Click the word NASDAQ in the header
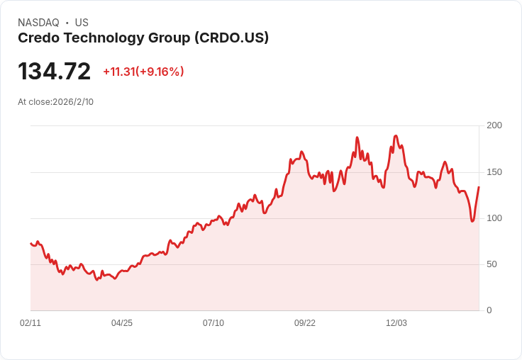(38, 23)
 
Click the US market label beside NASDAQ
(82, 23)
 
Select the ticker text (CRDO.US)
(231, 38)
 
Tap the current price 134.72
(55, 72)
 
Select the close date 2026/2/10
(73, 102)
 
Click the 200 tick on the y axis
(494, 125)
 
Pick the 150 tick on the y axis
(494, 172)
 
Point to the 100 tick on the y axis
(494, 218)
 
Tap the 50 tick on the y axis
(492, 264)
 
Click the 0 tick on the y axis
(489, 310)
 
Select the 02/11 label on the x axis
(30, 323)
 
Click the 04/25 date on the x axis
(122, 323)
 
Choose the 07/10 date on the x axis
(213, 323)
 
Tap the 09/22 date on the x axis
(305, 323)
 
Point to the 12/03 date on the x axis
(396, 323)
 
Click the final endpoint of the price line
(479, 187)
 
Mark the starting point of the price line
(30, 243)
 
